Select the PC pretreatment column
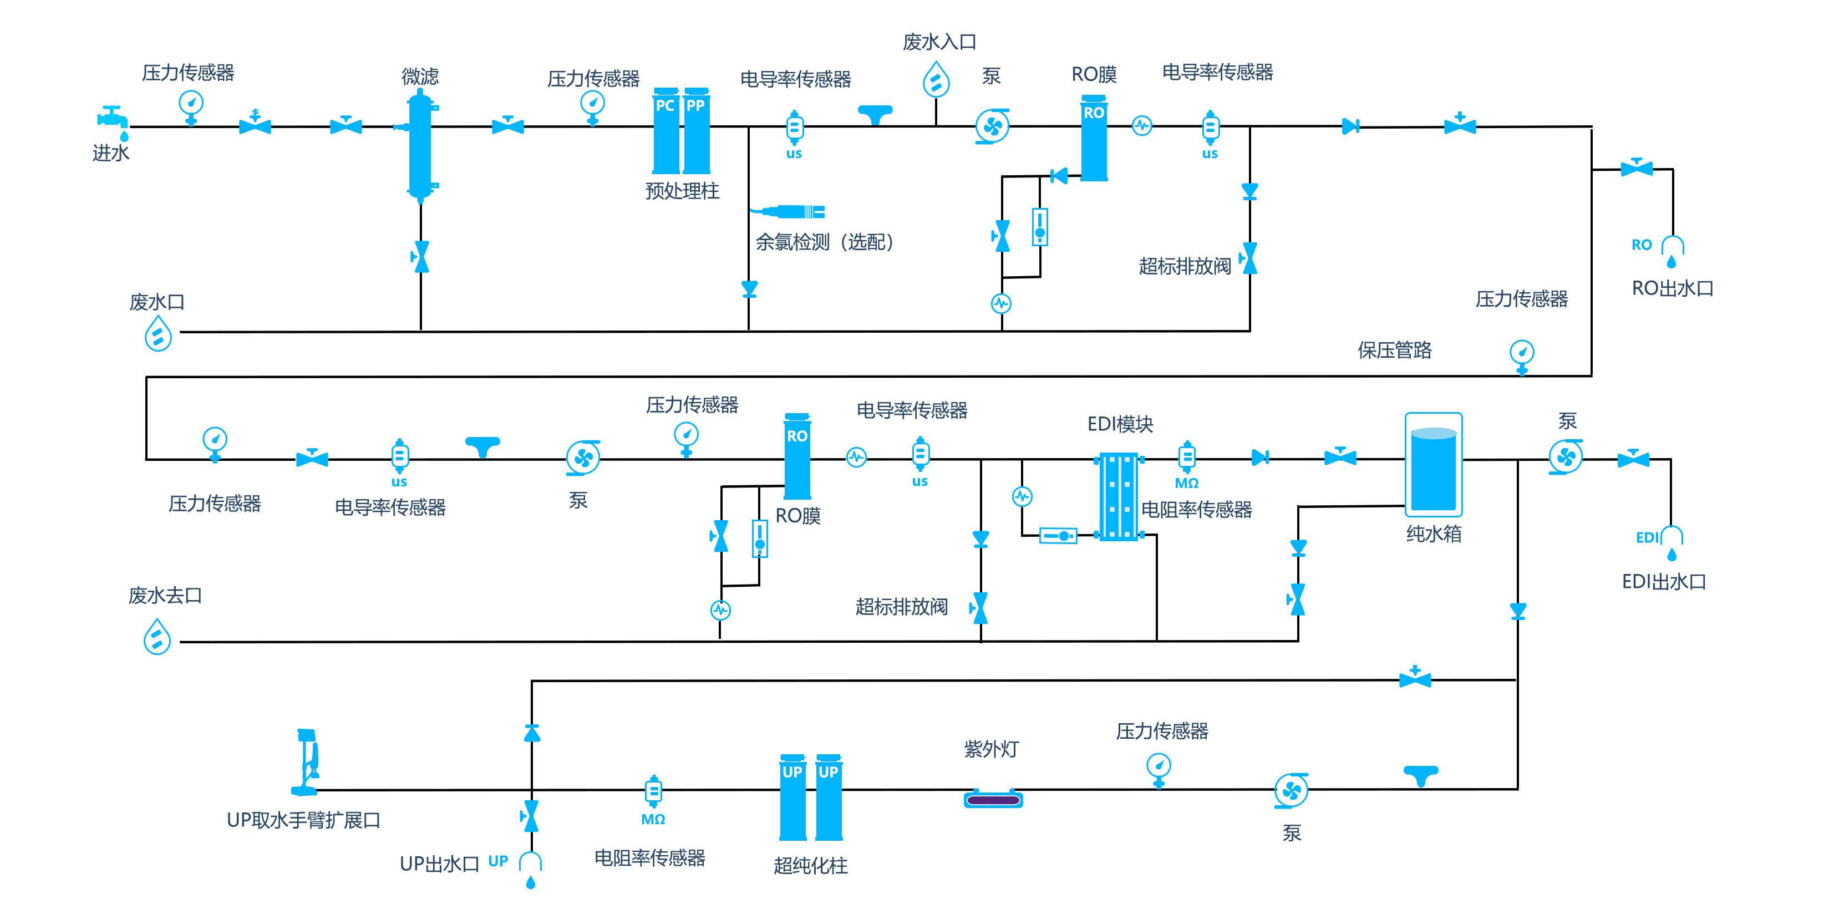[666, 131]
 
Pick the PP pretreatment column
[697, 131]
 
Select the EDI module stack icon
[1119, 497]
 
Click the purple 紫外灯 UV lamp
[993, 800]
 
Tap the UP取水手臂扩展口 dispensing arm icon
[306, 762]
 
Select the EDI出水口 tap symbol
[1672, 544]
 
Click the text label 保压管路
[1394, 350]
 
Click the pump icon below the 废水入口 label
[993, 126]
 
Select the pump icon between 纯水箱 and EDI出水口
[1566, 458]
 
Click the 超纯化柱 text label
[810, 866]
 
